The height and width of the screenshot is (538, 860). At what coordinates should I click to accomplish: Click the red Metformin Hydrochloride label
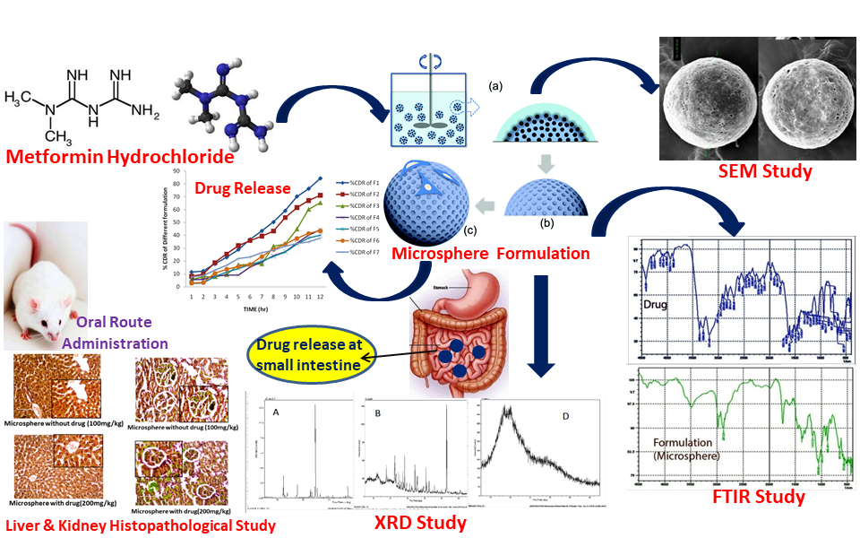tap(119, 157)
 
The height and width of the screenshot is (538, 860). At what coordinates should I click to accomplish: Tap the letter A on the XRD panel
tap(276, 412)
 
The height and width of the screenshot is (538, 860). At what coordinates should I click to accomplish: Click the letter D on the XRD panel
tap(566, 414)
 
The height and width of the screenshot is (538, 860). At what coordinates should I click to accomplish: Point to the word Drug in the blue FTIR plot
tap(657, 305)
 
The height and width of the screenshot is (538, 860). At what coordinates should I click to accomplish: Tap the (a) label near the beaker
tap(495, 87)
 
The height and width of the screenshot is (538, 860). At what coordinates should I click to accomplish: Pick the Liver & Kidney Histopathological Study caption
tap(140, 525)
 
